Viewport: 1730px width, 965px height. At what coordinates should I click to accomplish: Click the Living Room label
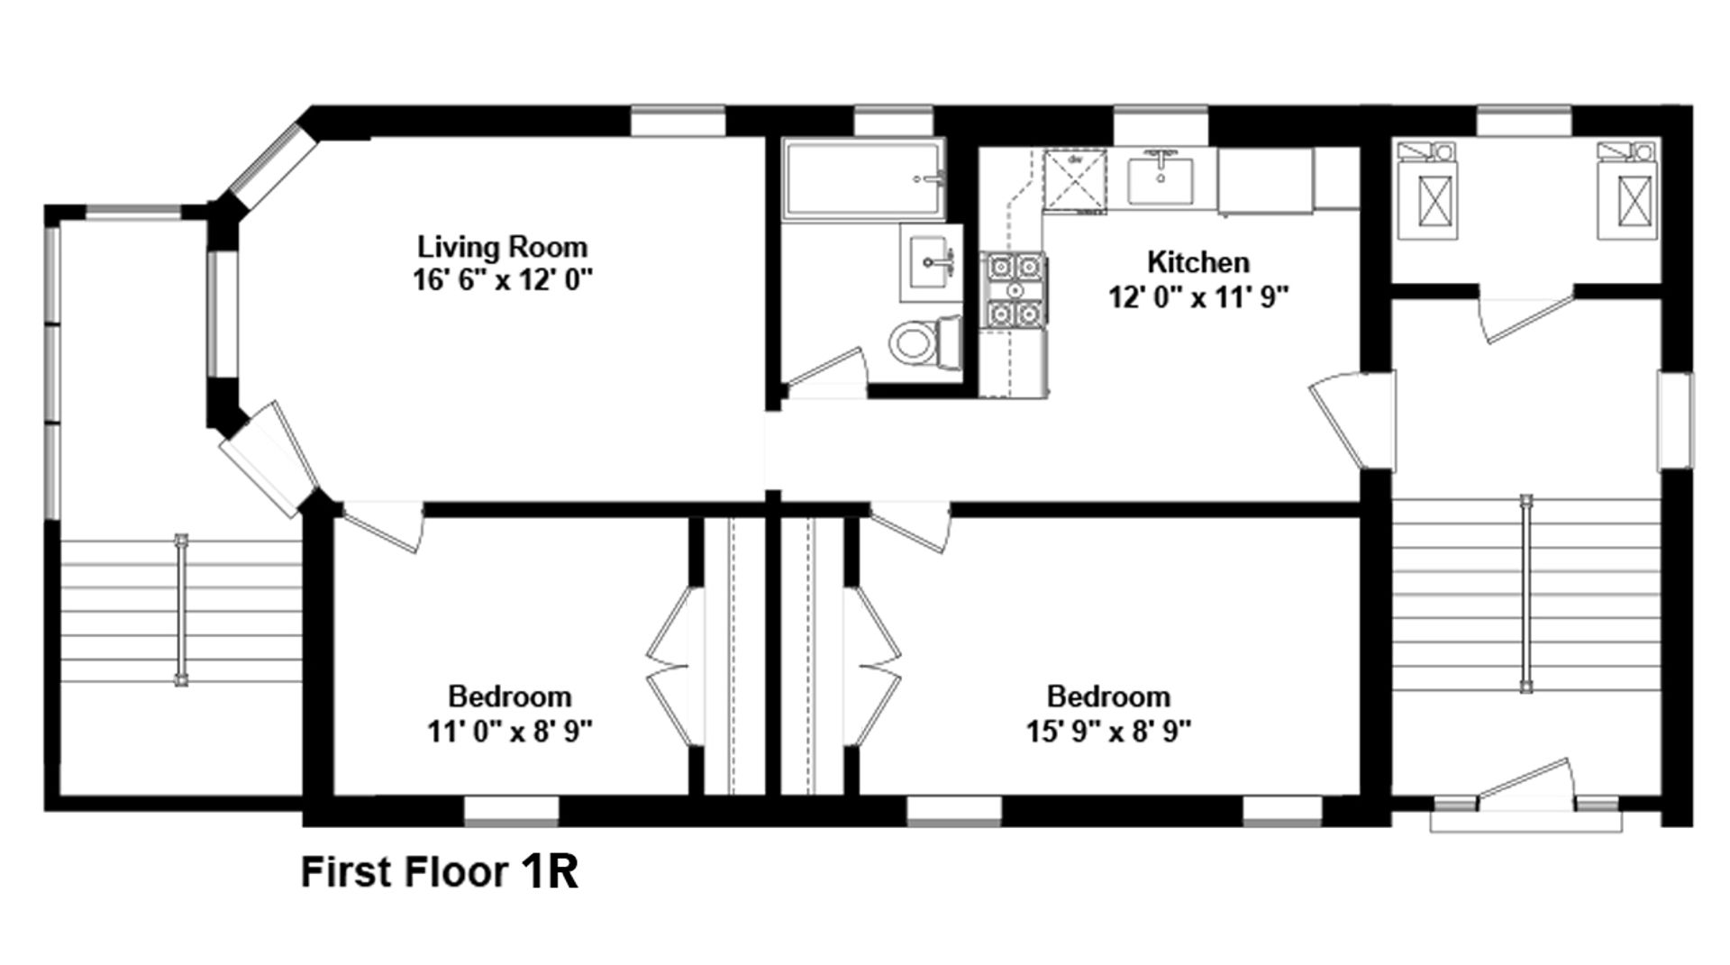pyautogui.click(x=502, y=246)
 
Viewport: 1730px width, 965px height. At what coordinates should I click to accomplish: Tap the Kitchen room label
pyautogui.click(x=1197, y=261)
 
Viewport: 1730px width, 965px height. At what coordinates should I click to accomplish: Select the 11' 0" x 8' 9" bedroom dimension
pyautogui.click(x=509, y=730)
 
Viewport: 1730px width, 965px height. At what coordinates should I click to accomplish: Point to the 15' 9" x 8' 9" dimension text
pyautogui.click(x=1108, y=730)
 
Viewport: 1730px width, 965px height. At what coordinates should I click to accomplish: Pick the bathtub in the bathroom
pyautogui.click(x=863, y=178)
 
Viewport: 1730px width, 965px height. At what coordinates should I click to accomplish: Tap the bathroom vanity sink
pyautogui.click(x=931, y=262)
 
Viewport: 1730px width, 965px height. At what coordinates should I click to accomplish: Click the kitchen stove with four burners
pyautogui.click(x=1015, y=289)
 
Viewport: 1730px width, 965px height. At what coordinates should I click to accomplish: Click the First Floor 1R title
pyautogui.click(x=439, y=872)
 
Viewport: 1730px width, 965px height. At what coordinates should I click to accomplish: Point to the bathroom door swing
pyautogui.click(x=824, y=370)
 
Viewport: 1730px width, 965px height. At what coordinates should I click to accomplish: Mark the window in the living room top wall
pyautogui.click(x=678, y=121)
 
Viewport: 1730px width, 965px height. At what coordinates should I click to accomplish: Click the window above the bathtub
pyautogui.click(x=893, y=121)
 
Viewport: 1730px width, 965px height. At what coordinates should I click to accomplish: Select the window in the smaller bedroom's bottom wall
pyautogui.click(x=511, y=811)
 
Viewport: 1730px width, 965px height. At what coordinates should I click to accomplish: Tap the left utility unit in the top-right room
pyautogui.click(x=1427, y=190)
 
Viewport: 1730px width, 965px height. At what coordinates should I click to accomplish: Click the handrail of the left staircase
pyautogui.click(x=182, y=611)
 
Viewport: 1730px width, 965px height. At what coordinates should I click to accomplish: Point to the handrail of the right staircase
pyautogui.click(x=1525, y=593)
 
